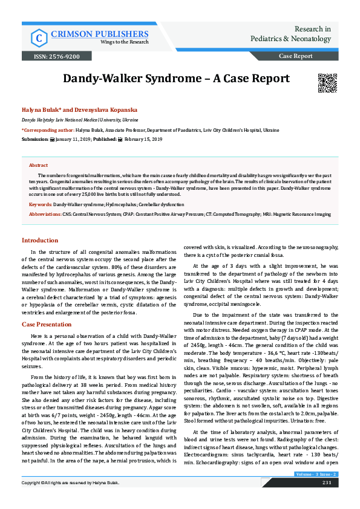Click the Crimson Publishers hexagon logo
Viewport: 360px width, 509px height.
(39, 37)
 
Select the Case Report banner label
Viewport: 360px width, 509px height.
(295, 56)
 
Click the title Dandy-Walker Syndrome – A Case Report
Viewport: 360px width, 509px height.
(177, 79)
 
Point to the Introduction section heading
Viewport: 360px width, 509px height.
(40, 241)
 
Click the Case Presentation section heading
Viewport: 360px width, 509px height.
(47, 325)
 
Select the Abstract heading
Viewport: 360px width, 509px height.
(38, 165)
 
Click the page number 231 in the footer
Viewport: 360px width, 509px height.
(326, 500)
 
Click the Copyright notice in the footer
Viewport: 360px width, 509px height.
(71, 500)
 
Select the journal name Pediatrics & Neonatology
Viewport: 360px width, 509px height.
(290, 39)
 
